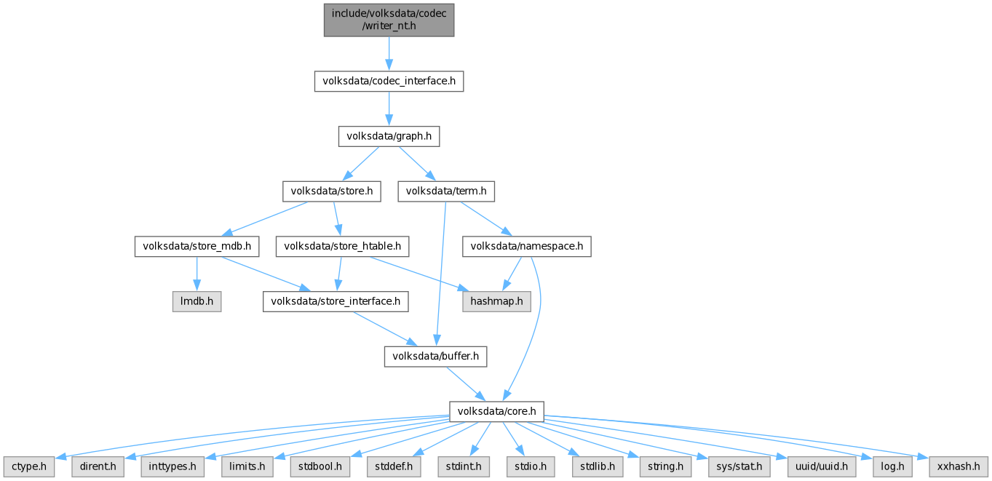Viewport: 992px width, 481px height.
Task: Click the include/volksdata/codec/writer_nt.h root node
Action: (389, 19)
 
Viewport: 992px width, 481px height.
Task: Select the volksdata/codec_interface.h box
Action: (389, 81)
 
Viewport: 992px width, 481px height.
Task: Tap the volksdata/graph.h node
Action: (389, 136)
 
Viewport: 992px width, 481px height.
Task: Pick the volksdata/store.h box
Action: (332, 191)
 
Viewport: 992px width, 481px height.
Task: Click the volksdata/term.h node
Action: (446, 191)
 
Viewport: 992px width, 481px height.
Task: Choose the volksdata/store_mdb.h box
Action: (197, 246)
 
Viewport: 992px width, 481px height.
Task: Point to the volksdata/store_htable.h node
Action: (342, 246)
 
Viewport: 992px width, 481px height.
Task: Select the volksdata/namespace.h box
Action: (527, 246)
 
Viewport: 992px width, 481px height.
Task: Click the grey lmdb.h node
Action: (197, 301)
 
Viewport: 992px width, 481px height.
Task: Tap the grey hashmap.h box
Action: (496, 301)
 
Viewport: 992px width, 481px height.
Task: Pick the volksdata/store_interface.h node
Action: (336, 301)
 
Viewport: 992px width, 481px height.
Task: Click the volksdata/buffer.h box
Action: (435, 357)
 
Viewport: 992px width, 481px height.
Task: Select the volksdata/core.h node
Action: (497, 412)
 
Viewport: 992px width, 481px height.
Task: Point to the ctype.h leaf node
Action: (28, 466)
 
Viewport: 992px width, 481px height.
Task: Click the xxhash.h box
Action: (959, 466)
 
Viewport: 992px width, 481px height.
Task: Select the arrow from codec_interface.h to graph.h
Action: (389, 108)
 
